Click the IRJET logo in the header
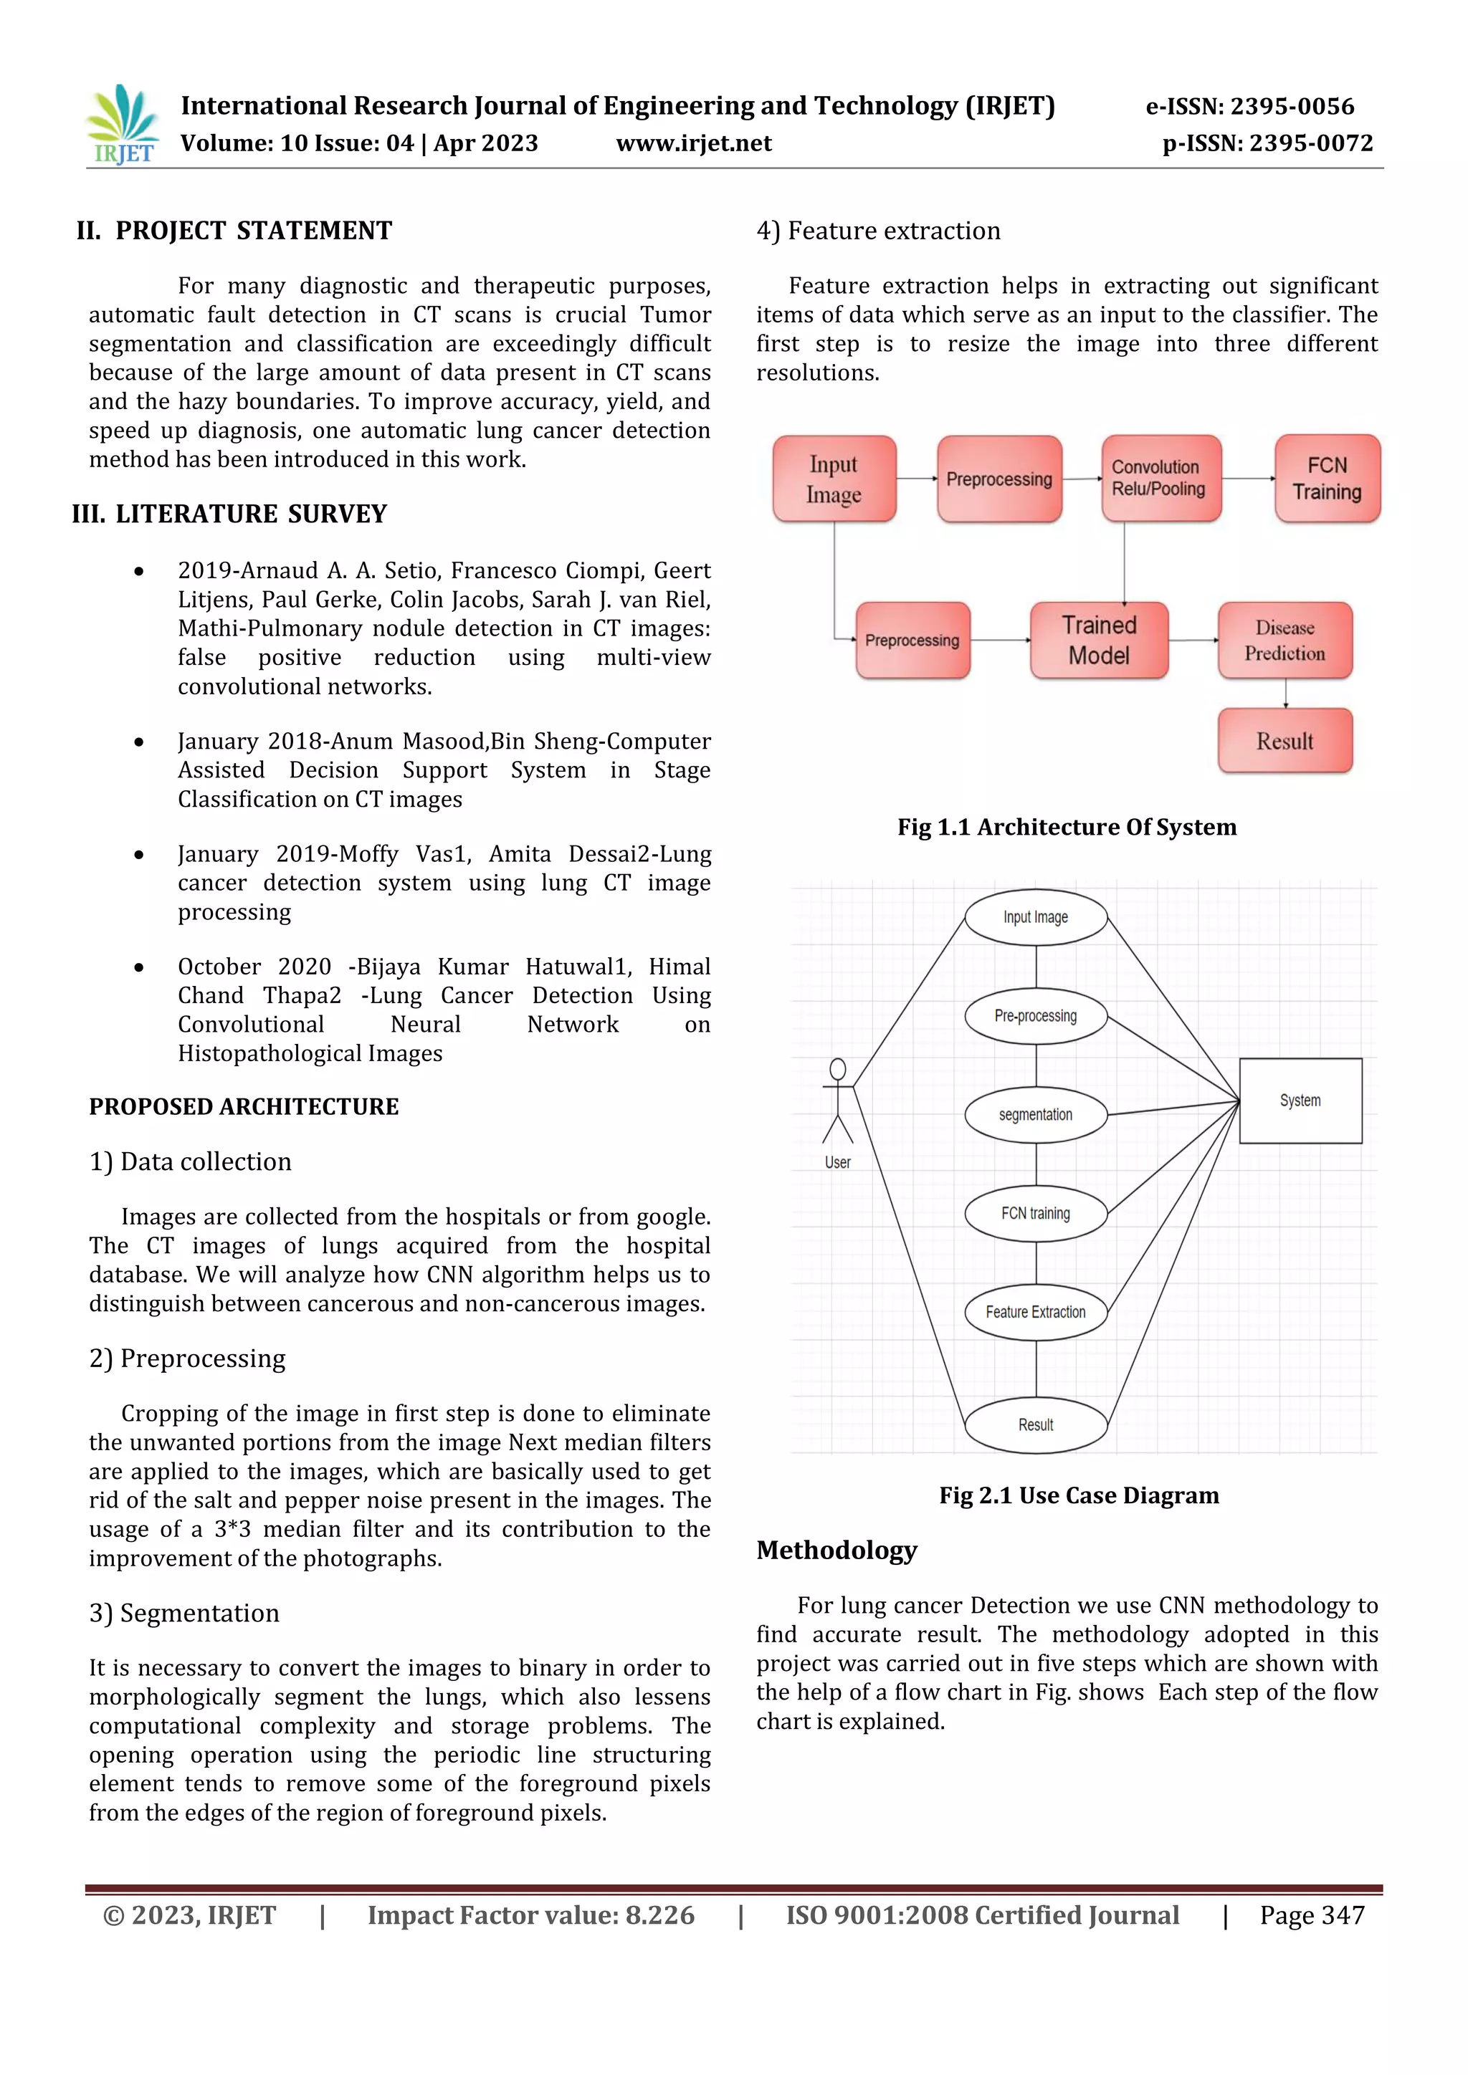click(x=123, y=125)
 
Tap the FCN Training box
click(x=1327, y=479)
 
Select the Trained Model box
click(x=1099, y=641)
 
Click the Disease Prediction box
click(x=1284, y=641)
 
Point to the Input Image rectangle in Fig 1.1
click(x=834, y=479)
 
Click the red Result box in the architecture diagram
click(x=1284, y=741)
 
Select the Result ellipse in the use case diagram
click(x=1036, y=1425)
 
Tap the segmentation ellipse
click(x=1036, y=1115)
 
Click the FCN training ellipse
click(x=1036, y=1214)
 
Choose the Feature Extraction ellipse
click(x=1036, y=1312)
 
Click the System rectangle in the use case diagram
click(x=1300, y=1101)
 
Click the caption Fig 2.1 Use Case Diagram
click(x=1078, y=1495)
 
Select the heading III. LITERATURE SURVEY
click(x=229, y=514)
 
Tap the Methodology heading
click(x=837, y=1551)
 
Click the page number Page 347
click(x=1312, y=1916)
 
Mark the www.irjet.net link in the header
click(x=693, y=144)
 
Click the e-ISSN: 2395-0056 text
click(x=1249, y=107)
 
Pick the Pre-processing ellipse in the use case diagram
click(x=1036, y=1017)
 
